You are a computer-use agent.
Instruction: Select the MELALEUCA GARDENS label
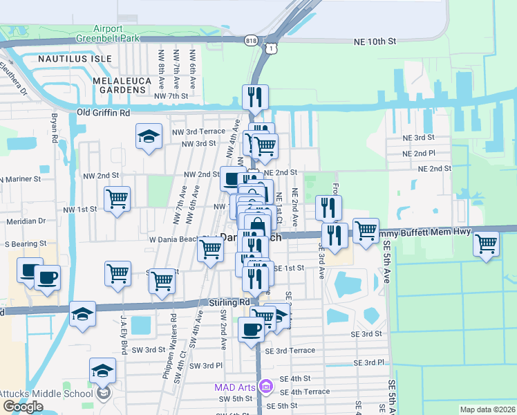coord(122,85)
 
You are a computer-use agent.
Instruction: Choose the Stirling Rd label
coord(229,303)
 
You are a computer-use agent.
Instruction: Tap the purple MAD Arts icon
coord(264,385)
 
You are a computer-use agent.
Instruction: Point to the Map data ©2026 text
coord(488,409)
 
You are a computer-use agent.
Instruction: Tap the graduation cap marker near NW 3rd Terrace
coord(149,136)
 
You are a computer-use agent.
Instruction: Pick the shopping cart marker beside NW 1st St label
coord(117,199)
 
